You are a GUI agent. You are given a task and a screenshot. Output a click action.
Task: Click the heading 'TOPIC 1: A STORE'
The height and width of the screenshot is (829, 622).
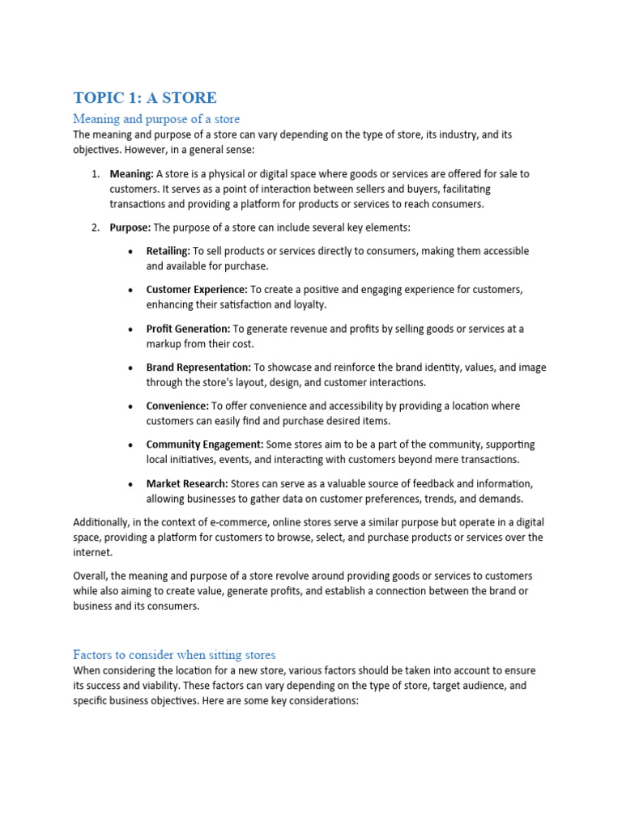(x=145, y=98)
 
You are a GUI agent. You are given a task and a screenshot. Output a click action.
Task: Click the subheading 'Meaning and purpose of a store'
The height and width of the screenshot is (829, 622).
(x=156, y=119)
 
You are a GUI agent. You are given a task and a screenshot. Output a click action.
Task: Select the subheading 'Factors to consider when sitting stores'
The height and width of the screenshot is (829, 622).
(x=174, y=654)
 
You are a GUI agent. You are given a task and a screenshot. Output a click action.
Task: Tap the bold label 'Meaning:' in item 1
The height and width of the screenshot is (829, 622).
(x=131, y=174)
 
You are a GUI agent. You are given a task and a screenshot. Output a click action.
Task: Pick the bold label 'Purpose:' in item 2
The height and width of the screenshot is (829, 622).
(x=130, y=227)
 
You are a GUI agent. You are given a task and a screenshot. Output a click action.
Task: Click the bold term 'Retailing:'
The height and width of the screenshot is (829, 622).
(x=168, y=251)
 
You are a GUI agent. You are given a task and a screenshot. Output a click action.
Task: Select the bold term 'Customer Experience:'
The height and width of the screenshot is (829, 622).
(x=197, y=290)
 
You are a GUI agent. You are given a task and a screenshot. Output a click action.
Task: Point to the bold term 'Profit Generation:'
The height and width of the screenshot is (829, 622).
(x=188, y=329)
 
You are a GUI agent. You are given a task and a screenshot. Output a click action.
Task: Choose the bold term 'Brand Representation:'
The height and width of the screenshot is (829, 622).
(x=198, y=368)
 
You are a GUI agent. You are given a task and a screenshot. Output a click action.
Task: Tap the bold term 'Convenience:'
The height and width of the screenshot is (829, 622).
(x=177, y=406)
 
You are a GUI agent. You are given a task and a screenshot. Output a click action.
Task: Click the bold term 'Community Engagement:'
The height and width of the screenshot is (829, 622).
(x=204, y=444)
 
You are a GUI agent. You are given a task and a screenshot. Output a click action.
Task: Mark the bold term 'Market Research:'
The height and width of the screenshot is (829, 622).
(x=186, y=483)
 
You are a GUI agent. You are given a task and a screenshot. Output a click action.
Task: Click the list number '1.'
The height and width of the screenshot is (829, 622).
(x=95, y=174)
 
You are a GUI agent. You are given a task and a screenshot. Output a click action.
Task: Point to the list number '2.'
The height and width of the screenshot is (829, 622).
(x=95, y=227)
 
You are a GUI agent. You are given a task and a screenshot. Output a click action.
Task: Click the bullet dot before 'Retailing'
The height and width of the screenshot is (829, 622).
(x=131, y=252)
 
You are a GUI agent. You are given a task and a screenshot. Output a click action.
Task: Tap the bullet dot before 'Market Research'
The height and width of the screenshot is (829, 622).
(x=131, y=484)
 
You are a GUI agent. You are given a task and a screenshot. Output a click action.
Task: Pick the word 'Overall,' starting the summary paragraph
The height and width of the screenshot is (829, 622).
(x=92, y=576)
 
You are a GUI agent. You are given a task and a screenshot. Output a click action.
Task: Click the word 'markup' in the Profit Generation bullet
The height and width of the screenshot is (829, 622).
(x=164, y=344)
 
